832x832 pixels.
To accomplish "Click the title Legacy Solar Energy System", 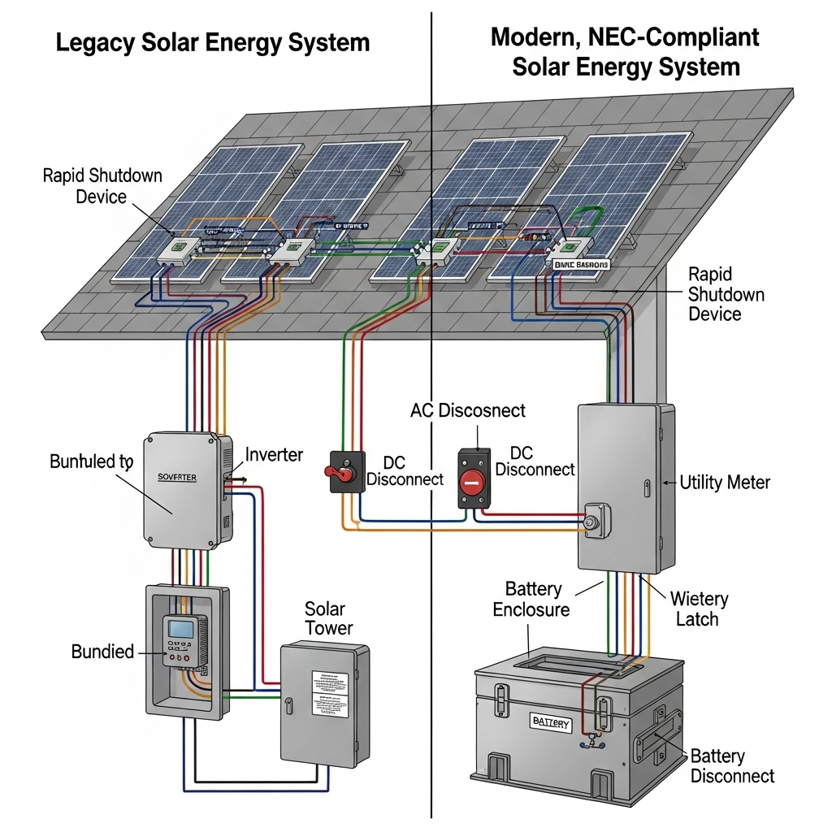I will point(212,42).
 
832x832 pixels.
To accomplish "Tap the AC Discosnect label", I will point(467,410).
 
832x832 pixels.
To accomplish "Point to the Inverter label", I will point(274,454).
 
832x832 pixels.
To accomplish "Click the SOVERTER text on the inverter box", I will point(176,478).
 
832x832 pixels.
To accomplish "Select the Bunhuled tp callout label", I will point(90,462).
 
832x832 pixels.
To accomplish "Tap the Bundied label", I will point(102,652).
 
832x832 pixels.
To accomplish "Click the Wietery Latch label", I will point(698,609).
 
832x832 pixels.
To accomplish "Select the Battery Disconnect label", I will point(732,766).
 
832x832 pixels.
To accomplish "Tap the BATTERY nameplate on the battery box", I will point(551,722).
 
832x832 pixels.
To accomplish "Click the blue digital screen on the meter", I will point(180,628).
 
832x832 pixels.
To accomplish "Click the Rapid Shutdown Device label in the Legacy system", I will point(102,186).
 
